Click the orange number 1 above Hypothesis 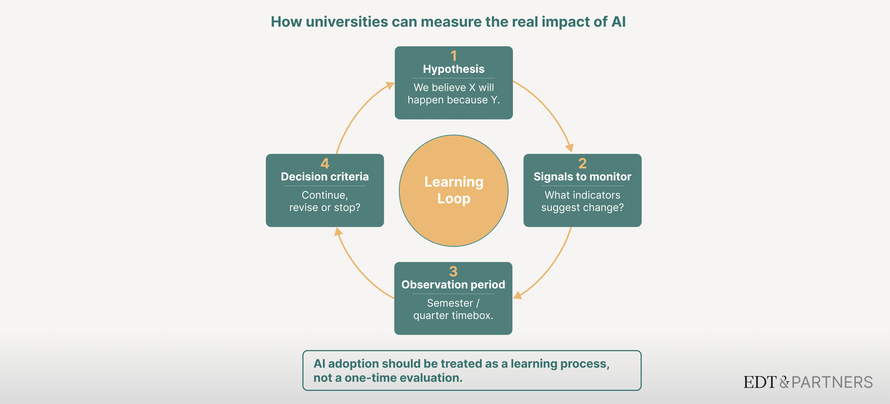pyautogui.click(x=454, y=56)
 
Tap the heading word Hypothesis pyautogui.click(x=454, y=69)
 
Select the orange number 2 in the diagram pyautogui.click(x=582, y=164)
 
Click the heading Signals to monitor pyautogui.click(x=582, y=177)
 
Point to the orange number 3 pyautogui.click(x=453, y=271)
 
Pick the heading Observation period pyautogui.click(x=453, y=285)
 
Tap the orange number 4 pyautogui.click(x=325, y=164)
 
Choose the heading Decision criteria pyautogui.click(x=325, y=177)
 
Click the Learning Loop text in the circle pyautogui.click(x=454, y=190)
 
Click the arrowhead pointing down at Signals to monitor pyautogui.click(x=570, y=148)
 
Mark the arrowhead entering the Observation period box pyautogui.click(x=517, y=295)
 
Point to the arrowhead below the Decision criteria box pyautogui.click(x=338, y=231)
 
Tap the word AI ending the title pyautogui.click(x=618, y=22)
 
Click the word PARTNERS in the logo pyautogui.click(x=832, y=382)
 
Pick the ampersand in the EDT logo pyautogui.click(x=784, y=382)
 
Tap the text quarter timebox pyautogui.click(x=453, y=315)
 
